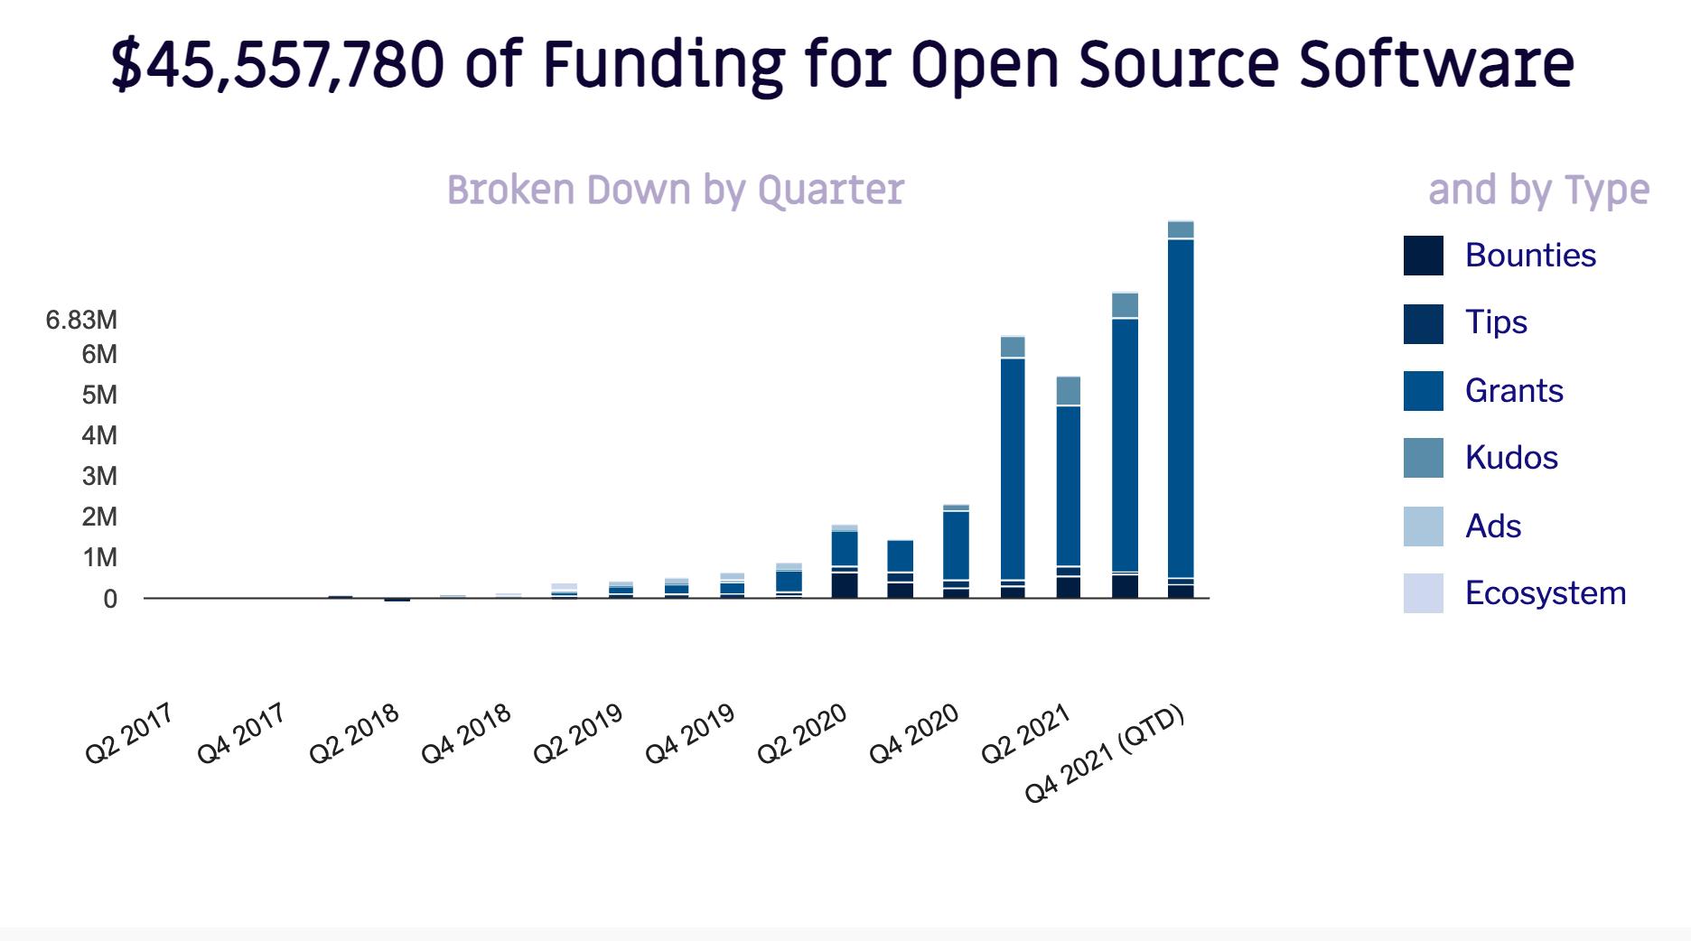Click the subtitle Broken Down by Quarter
click(675, 190)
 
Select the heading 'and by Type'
click(1538, 190)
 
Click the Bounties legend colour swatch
click(1423, 256)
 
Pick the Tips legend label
click(1496, 322)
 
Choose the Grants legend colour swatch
click(1423, 391)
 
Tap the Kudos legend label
click(1511, 458)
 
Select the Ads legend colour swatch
click(1423, 526)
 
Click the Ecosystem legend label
click(1546, 593)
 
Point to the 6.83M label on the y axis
click(81, 321)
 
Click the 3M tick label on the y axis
click(99, 476)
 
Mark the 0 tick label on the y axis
click(109, 599)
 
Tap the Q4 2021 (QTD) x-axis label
click(1105, 753)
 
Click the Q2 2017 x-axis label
click(128, 733)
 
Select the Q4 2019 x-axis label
click(689, 733)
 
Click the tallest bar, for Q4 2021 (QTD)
click(1181, 406)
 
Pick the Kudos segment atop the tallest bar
click(1181, 229)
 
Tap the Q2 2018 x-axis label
click(353, 733)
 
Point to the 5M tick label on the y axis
click(99, 395)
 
